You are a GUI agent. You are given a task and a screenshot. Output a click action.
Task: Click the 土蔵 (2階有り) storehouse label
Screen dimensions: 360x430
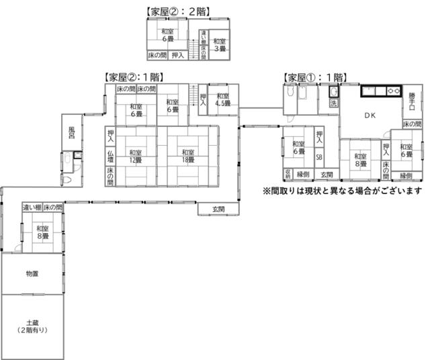click(x=32, y=326)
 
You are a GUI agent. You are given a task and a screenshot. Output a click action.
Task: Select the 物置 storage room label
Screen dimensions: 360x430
click(x=32, y=273)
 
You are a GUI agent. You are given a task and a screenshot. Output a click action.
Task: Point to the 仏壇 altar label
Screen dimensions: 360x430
click(x=110, y=158)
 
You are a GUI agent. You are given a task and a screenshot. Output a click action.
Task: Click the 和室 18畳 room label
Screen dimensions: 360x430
click(x=187, y=156)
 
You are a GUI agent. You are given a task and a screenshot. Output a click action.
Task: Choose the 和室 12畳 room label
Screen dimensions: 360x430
click(x=136, y=156)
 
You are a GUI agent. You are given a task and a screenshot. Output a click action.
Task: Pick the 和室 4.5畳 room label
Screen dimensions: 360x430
click(x=222, y=100)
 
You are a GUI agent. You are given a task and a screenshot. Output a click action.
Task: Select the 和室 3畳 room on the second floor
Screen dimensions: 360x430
click(x=219, y=44)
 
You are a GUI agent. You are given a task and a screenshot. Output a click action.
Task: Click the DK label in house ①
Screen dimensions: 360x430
click(x=370, y=116)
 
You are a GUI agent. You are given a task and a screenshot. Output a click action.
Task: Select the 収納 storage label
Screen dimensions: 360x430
click(x=287, y=174)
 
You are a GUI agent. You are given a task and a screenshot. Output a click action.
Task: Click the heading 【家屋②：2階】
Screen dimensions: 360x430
click(x=175, y=11)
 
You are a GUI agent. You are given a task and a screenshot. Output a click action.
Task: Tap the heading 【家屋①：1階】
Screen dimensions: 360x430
click(x=314, y=77)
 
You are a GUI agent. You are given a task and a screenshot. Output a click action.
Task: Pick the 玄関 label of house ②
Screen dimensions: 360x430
click(x=218, y=210)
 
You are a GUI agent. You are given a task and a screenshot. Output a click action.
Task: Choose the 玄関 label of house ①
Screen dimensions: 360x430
click(x=327, y=175)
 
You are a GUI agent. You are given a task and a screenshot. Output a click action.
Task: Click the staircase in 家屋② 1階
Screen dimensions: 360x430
click(x=193, y=94)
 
